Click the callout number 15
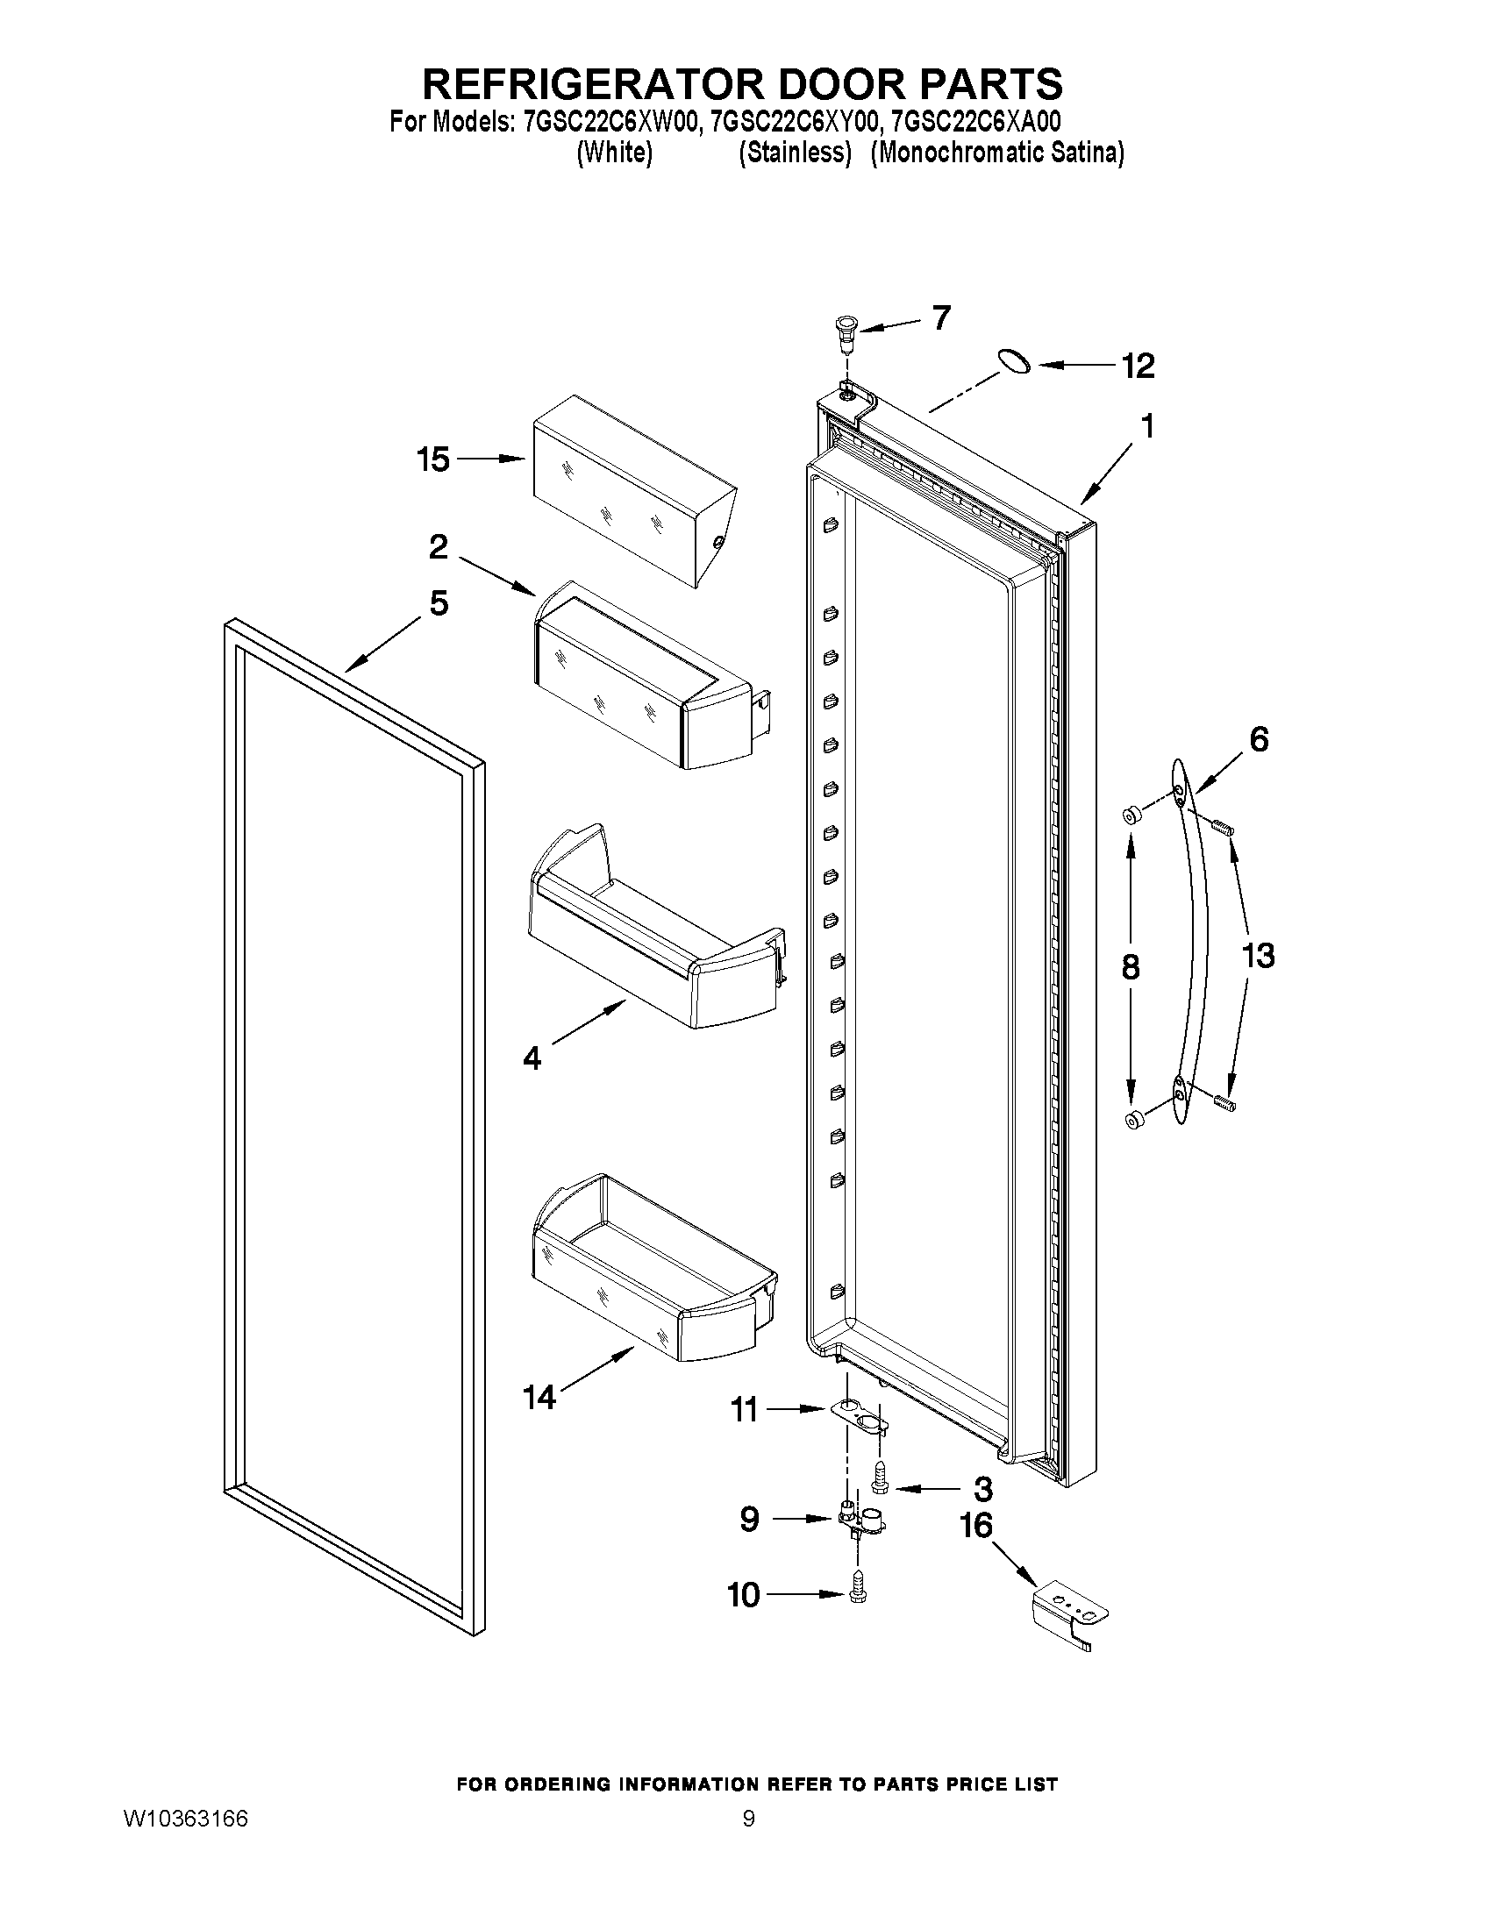[x=433, y=460]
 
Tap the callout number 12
[x=1138, y=366]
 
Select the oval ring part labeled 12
[x=1014, y=360]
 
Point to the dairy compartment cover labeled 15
[x=632, y=490]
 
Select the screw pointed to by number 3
[x=881, y=1494]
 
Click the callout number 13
[x=1258, y=955]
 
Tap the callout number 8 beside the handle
[x=1130, y=968]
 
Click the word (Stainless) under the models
[x=795, y=153]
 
